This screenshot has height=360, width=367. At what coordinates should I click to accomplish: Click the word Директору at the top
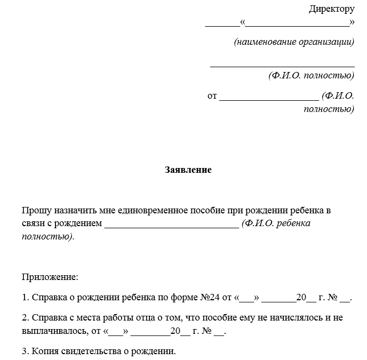pyautogui.click(x=331, y=9)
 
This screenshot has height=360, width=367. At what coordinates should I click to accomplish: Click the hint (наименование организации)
pyautogui.click(x=294, y=42)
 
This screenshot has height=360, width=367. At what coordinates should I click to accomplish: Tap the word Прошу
pyautogui.click(x=35, y=211)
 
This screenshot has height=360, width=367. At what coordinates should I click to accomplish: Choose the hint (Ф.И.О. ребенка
pyautogui.click(x=276, y=223)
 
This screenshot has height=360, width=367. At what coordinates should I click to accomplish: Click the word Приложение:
pyautogui.click(x=50, y=277)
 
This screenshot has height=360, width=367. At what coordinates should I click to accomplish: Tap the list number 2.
pyautogui.click(x=25, y=318)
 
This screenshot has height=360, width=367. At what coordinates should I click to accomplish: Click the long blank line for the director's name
pyautogui.click(x=282, y=66)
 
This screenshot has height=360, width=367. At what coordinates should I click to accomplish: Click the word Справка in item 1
pyautogui.click(x=49, y=298)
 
